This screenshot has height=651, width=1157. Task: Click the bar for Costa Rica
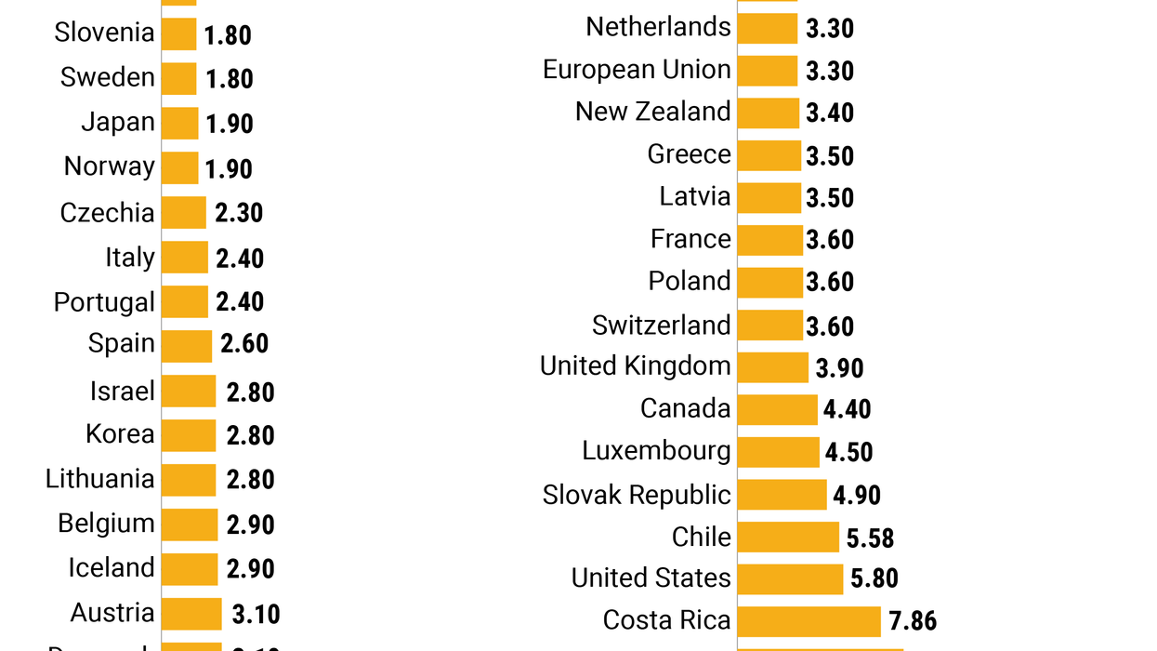pyautogui.click(x=809, y=621)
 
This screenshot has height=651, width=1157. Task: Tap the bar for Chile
pyautogui.click(x=788, y=538)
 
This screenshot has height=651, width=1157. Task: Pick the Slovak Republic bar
pyautogui.click(x=782, y=495)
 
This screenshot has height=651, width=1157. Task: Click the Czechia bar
pyautogui.click(x=184, y=213)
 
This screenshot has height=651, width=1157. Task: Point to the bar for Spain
pyautogui.click(x=187, y=345)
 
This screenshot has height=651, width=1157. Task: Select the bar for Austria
pyautogui.click(x=191, y=614)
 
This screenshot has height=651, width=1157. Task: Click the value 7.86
pyautogui.click(x=913, y=621)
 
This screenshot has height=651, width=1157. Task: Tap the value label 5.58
pyautogui.click(x=870, y=538)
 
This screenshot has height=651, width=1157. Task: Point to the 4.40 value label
pyautogui.click(x=847, y=409)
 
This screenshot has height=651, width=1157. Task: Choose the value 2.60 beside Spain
pyautogui.click(x=244, y=344)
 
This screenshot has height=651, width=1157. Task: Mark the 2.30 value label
pyautogui.click(x=239, y=213)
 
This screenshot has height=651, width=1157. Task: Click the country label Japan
pyautogui.click(x=118, y=123)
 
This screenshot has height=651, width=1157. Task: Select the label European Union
pyautogui.click(x=637, y=70)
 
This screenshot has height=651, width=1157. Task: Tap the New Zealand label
pyautogui.click(x=652, y=112)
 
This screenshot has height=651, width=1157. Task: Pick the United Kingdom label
pyautogui.click(x=636, y=366)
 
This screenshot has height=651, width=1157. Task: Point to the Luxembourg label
pyautogui.click(x=656, y=451)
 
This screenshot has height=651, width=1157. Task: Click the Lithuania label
pyautogui.click(x=100, y=479)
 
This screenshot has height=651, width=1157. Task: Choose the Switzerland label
pyautogui.click(x=662, y=325)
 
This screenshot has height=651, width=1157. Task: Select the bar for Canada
pyautogui.click(x=778, y=409)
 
